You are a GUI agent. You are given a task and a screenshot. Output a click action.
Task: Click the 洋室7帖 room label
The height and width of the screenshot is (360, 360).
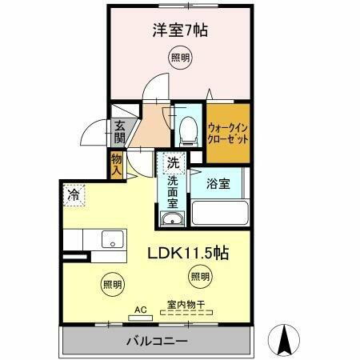(180, 31)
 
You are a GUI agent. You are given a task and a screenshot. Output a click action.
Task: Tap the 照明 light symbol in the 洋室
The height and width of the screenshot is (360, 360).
(180, 58)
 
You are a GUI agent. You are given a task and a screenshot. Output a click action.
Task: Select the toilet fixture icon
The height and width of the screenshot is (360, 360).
(189, 127)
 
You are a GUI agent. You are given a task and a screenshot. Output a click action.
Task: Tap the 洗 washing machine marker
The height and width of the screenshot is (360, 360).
(172, 162)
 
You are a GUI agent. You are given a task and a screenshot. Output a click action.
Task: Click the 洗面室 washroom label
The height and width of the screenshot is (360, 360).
(172, 191)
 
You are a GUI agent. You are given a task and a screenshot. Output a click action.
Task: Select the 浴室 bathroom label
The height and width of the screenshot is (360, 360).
(218, 183)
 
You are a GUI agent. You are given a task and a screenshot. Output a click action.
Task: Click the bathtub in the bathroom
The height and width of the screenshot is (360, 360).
(219, 214)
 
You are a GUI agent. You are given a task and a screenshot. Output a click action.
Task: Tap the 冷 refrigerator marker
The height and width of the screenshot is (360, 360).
(74, 194)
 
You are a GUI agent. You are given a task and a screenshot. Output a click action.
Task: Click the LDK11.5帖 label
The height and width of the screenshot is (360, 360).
(188, 254)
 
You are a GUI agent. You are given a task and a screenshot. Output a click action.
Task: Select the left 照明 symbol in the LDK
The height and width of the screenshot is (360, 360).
(112, 283)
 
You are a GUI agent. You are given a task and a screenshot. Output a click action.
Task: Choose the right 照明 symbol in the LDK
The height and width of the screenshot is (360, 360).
(200, 277)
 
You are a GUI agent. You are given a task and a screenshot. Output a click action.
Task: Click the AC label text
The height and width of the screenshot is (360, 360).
(141, 307)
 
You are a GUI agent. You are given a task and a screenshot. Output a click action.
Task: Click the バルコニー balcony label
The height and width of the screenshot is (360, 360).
(157, 342)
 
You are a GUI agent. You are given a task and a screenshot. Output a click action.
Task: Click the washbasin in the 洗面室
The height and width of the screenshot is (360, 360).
(171, 219)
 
